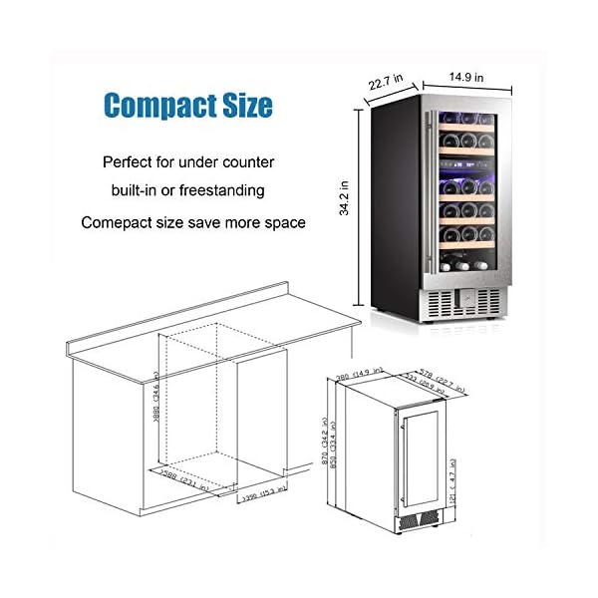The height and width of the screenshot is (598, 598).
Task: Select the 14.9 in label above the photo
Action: click(x=466, y=76)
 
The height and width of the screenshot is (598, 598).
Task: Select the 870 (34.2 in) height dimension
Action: click(x=327, y=453)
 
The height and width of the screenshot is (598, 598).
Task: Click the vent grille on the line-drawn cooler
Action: click(x=419, y=518)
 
